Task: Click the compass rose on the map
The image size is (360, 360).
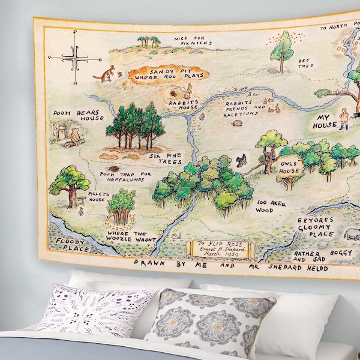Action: pos(74,58)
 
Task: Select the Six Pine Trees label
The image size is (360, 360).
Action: pos(165,158)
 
